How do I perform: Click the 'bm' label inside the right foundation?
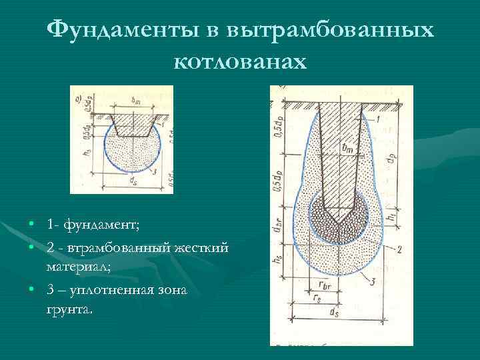point(345,150)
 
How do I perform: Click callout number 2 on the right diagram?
point(398,249)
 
